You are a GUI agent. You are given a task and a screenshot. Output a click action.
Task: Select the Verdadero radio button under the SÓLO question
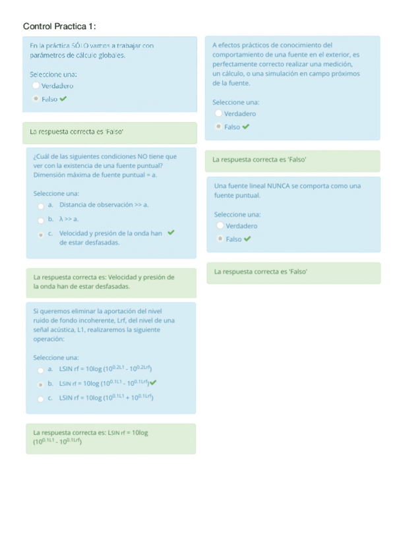(35, 86)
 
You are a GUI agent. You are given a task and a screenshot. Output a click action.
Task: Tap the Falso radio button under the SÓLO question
(35, 99)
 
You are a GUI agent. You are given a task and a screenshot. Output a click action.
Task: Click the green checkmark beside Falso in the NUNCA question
(247, 239)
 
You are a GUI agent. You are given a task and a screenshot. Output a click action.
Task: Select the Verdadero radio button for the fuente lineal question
(220, 226)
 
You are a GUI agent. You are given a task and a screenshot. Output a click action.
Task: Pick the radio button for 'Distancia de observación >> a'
(41, 205)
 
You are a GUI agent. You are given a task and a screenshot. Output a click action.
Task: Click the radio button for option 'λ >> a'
(41, 219)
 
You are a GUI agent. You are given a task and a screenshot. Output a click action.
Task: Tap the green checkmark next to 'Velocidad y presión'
(171, 232)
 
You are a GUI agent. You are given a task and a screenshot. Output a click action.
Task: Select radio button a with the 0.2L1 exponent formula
(41, 369)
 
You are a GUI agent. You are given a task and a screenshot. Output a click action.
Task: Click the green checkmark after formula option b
(154, 382)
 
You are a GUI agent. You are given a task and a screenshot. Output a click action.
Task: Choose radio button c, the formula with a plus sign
(41, 397)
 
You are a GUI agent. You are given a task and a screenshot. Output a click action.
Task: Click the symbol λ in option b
(61, 219)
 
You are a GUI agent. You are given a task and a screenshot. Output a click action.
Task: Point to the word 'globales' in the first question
(111, 55)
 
